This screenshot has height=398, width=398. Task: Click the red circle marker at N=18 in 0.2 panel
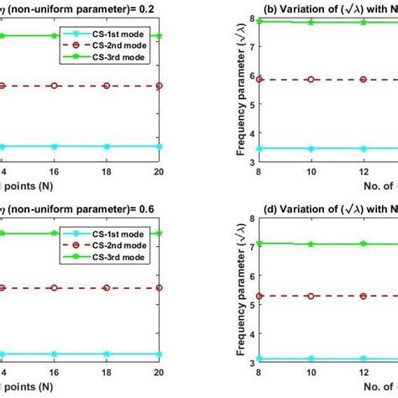coord(106,86)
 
